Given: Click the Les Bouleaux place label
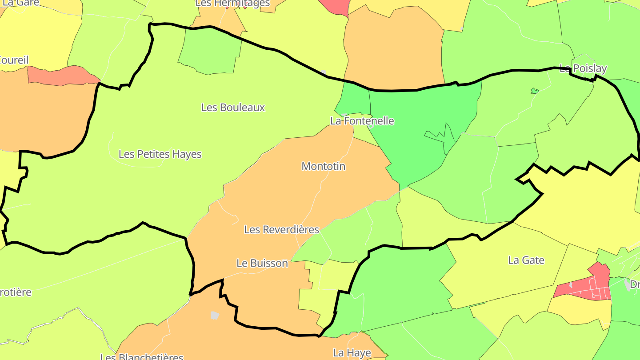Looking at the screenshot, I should coord(233,108).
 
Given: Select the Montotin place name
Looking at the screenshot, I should coord(323,166).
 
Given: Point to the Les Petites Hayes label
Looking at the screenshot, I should coord(160,154).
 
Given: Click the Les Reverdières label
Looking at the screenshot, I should coord(281,230).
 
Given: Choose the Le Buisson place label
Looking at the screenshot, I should coord(262,263).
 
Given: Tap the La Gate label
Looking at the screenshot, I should coord(526,260).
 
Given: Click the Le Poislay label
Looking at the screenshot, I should coord(583,68).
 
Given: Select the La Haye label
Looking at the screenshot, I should coord(352,353).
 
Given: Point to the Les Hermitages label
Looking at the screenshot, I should coord(232,4).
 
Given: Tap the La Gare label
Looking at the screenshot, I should coord(21,3).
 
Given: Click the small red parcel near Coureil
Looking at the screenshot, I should coord(62,76).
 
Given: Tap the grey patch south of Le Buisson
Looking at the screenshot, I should coord(215,315).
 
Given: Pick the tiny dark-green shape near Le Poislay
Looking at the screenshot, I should coord(535,91).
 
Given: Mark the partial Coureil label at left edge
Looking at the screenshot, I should coord(14,60).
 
